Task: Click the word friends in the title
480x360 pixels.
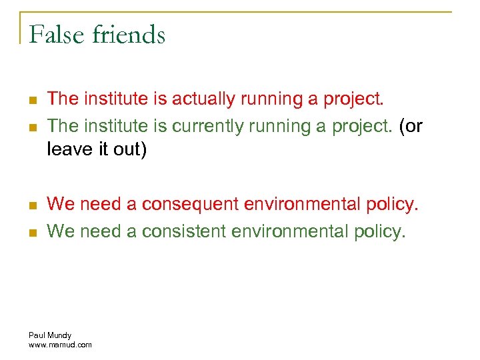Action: click(129, 34)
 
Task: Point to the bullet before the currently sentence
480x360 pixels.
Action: click(33, 127)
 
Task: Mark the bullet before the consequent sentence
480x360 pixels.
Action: click(33, 205)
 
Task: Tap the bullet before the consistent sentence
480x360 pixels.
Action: click(33, 232)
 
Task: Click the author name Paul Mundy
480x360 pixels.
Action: click(50, 335)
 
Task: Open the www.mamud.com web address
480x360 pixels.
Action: click(61, 344)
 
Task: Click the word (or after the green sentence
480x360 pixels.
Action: click(411, 125)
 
